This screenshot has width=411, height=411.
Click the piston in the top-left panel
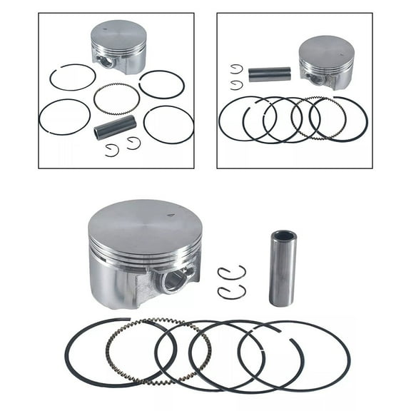(x=119, y=44)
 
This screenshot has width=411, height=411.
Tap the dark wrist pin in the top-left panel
(x=115, y=128)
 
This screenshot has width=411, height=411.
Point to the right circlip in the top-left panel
(x=133, y=143)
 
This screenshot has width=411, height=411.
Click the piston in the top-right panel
(x=327, y=61)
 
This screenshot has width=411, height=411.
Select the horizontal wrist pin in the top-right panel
(x=270, y=74)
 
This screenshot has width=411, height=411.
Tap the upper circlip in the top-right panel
(x=236, y=68)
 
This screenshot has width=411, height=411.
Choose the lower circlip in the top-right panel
(x=236, y=85)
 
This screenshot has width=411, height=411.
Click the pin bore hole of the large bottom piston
(x=175, y=279)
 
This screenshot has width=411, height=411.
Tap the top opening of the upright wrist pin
(x=283, y=235)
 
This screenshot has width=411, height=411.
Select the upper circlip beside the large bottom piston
(x=231, y=273)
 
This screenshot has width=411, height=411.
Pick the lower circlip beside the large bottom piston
(x=231, y=292)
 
